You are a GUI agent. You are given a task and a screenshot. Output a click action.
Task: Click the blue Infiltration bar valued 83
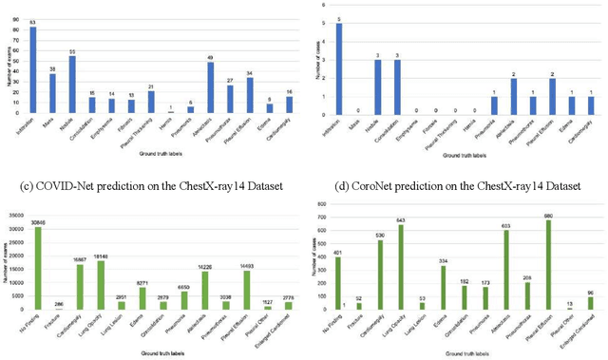(33, 72)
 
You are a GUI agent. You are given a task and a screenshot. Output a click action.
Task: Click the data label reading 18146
(103, 256)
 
